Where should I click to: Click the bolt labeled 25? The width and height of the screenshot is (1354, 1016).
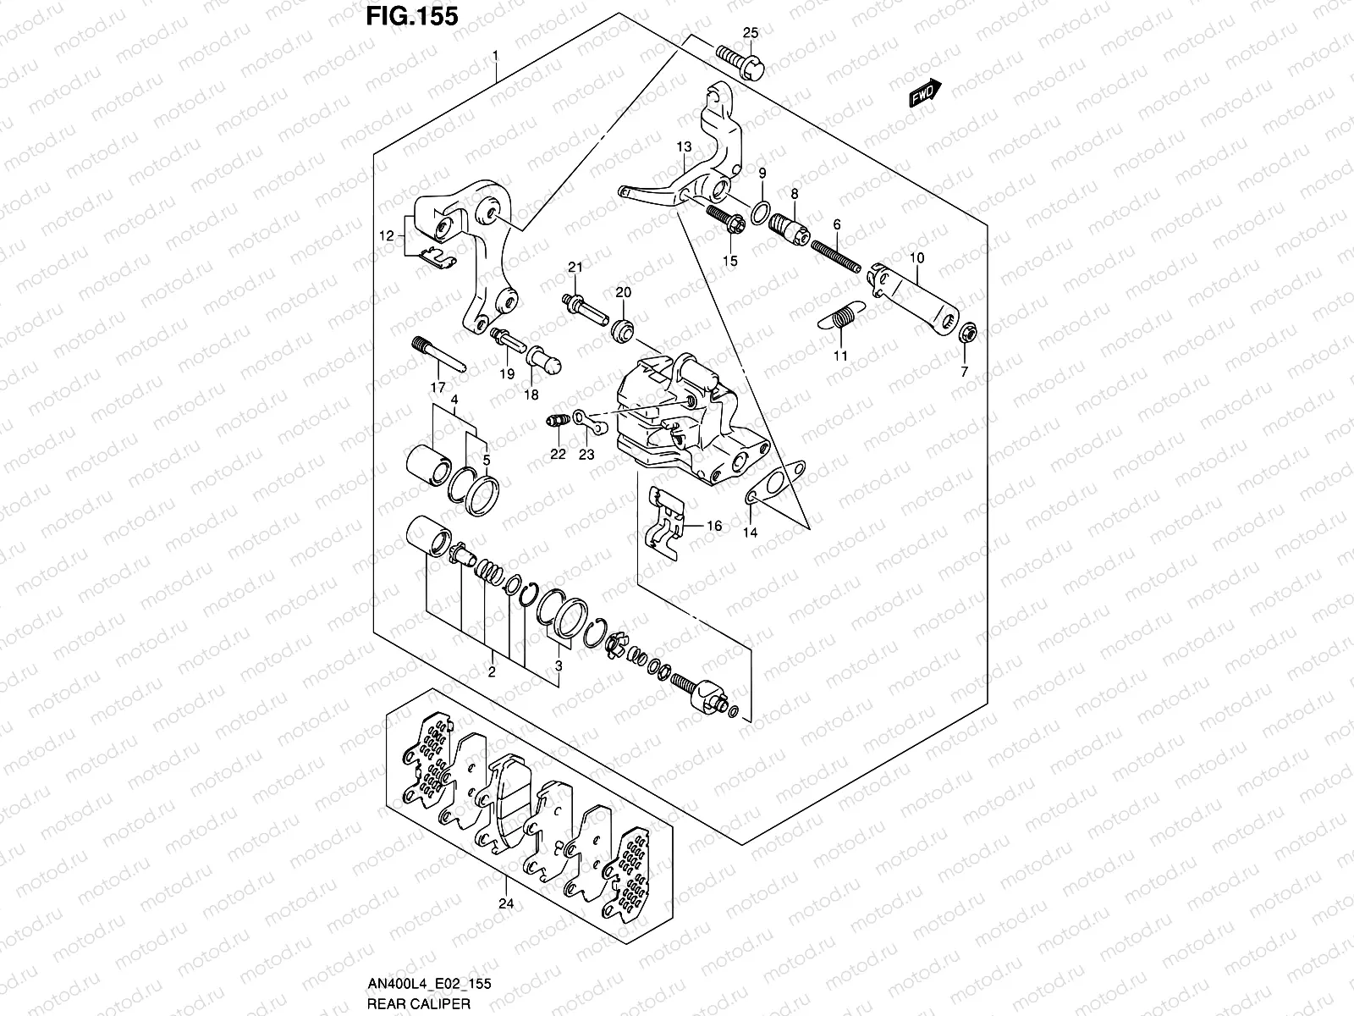coord(740,63)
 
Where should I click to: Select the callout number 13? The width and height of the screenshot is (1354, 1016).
coord(684,147)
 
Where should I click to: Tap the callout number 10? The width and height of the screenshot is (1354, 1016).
coord(917,257)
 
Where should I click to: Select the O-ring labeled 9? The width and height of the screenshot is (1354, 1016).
coord(762,209)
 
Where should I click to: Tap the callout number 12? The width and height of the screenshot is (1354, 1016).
coord(386,237)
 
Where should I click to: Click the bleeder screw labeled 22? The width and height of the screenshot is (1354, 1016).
coord(556,421)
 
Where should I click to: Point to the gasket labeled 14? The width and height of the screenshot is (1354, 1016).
coord(773,486)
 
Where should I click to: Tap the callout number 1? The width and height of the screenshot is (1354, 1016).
coord(497,55)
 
